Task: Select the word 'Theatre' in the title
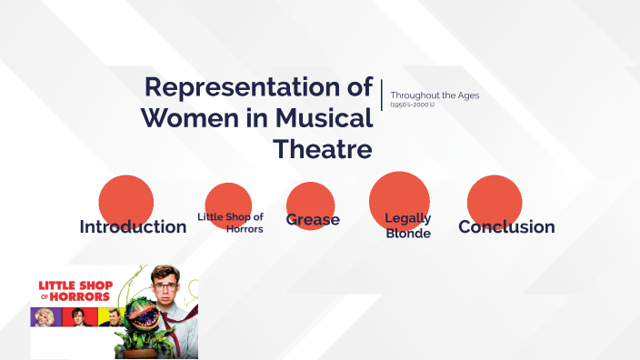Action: coord(323,148)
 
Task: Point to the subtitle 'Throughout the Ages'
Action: coord(435,95)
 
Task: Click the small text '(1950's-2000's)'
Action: coord(413,105)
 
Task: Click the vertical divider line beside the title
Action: coord(382,95)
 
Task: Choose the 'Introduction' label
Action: coord(133,227)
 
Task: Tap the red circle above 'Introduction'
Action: coord(125,198)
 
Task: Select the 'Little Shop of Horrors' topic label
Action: coord(230,223)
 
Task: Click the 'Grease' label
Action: coord(313,220)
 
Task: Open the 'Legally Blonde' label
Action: coord(408,225)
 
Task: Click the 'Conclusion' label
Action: coord(506,227)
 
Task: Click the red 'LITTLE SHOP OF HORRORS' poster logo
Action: coord(75,291)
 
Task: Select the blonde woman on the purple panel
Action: coord(44,317)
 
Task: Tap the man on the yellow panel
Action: coord(110,317)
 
